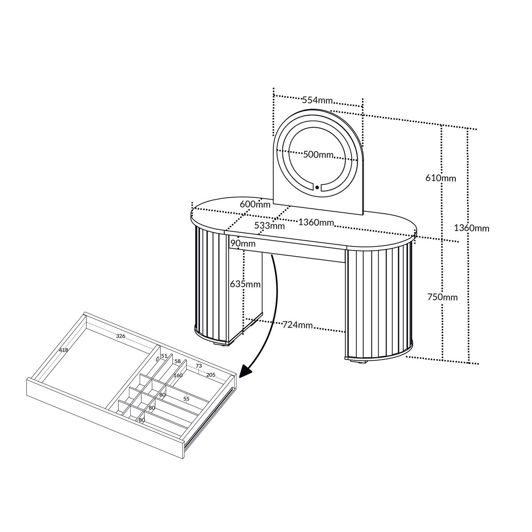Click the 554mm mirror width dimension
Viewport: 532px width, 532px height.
pos(317,100)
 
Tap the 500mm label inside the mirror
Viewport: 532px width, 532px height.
pos(318,154)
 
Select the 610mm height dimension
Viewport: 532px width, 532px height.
pos(441,178)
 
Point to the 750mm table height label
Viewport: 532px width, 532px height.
pos(442,297)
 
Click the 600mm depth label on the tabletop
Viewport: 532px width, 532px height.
pos(255,204)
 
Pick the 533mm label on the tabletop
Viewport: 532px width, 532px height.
pos(270,226)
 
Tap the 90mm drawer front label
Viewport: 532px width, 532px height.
pos(243,243)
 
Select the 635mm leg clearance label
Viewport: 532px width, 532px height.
pos(246,284)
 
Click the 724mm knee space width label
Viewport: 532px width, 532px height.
pos(297,325)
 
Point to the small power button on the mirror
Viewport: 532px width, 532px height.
pos(317,188)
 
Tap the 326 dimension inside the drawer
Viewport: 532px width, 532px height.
pos(121,336)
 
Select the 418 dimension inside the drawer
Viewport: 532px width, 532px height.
pos(63,350)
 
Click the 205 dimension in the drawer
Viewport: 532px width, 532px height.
pos(211,375)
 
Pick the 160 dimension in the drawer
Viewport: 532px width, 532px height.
pos(178,375)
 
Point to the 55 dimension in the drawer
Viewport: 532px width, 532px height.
pos(186,399)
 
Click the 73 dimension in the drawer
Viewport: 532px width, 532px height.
pos(199,365)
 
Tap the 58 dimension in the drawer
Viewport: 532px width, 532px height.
pos(177,361)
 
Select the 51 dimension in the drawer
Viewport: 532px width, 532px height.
pos(164,356)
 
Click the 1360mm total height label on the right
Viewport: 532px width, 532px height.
pos(472,228)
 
